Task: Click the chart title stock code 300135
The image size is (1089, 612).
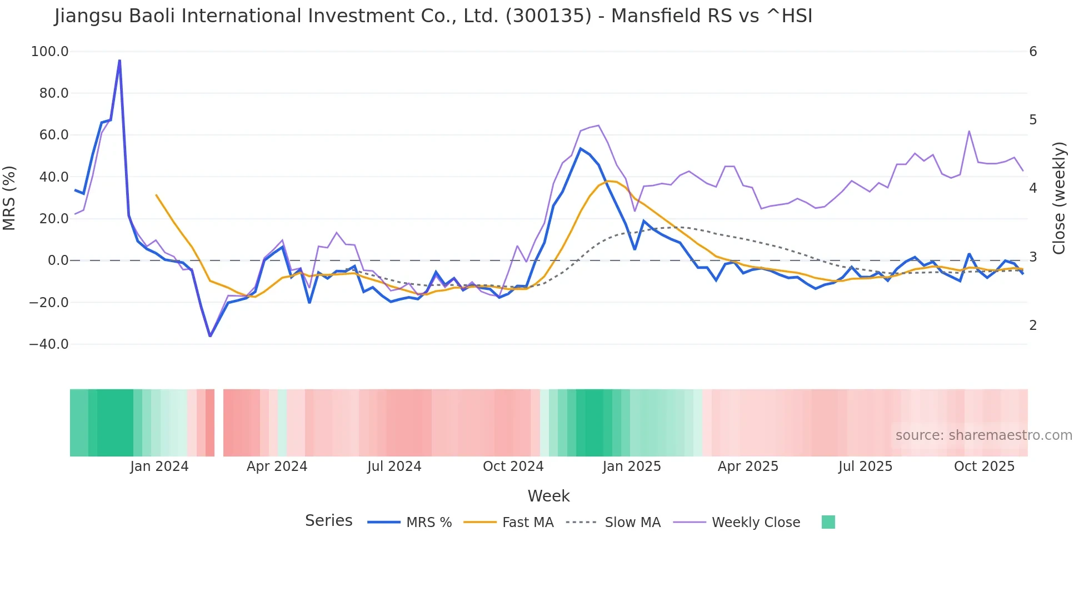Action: coord(548,16)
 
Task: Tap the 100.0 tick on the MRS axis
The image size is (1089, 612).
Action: coord(50,52)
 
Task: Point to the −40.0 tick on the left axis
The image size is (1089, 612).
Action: coord(49,344)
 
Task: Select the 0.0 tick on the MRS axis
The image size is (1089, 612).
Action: coord(58,260)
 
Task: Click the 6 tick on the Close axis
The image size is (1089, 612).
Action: coord(1033,52)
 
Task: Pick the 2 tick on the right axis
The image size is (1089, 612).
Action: coord(1033,325)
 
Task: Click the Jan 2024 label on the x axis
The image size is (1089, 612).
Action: coord(159,466)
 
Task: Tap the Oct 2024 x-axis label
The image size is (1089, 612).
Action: coord(513,466)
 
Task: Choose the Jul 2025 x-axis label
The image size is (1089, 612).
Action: coord(865,466)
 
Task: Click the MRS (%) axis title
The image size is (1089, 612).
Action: coord(9,198)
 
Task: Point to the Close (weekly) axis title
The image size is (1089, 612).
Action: coord(1059,198)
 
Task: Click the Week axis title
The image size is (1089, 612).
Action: coord(548,496)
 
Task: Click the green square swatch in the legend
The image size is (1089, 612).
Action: coord(828,522)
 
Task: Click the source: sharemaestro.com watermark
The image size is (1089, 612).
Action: coord(983,435)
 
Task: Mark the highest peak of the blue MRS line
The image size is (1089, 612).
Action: coord(119,60)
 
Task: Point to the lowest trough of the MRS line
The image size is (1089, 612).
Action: coord(210,336)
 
